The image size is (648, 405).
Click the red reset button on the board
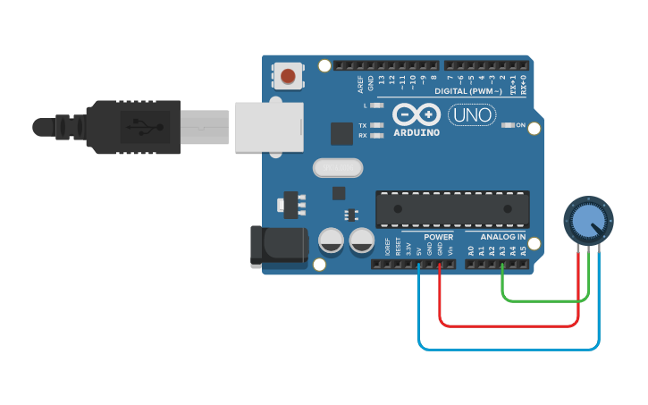(288, 76)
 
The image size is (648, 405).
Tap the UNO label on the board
(471, 115)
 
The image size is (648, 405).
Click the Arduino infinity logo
(417, 114)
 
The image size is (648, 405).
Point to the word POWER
(439, 237)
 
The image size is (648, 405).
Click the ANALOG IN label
(502, 237)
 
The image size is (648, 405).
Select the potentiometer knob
(588, 220)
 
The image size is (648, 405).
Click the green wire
(545, 301)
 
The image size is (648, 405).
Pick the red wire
(509, 325)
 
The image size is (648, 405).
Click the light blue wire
(509, 349)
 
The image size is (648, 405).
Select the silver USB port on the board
(269, 126)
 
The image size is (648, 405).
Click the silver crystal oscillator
(338, 167)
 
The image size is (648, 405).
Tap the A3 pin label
(502, 251)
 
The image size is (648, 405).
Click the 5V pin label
(419, 251)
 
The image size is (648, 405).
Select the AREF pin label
(361, 84)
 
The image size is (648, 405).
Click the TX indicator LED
(376, 125)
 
